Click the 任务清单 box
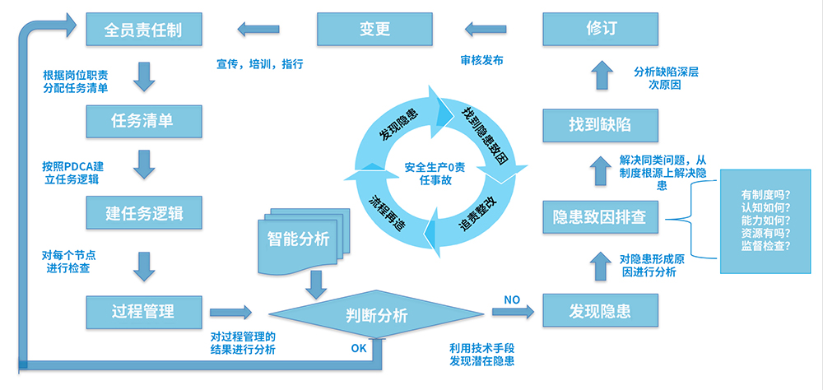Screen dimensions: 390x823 tap(143, 121)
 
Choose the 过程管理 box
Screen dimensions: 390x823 tap(143, 311)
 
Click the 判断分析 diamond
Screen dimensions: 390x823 tap(376, 314)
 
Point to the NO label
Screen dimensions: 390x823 tap(511, 299)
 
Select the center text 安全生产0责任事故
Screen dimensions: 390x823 tap(434, 174)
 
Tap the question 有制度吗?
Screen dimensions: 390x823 tap(765, 195)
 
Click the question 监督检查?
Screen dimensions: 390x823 tap(765, 244)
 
